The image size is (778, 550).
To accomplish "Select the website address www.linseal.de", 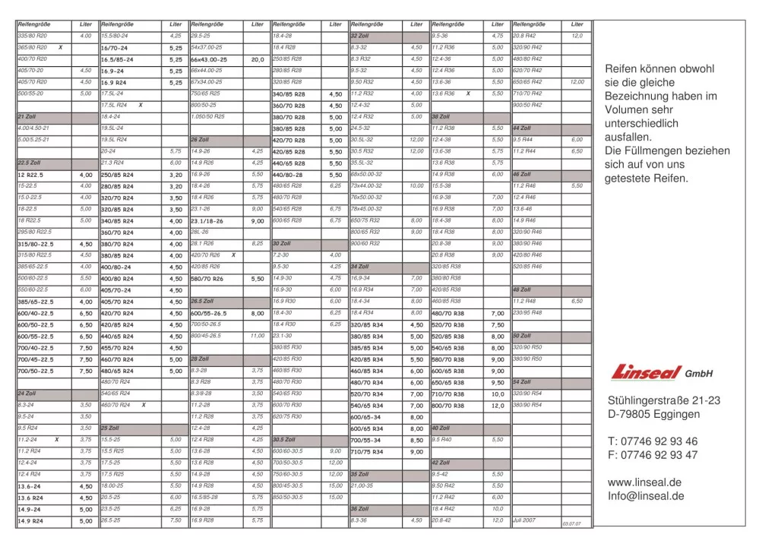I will (x=644, y=482).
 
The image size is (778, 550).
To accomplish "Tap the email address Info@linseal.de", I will (x=646, y=496).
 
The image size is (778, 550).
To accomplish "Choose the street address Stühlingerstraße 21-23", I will (x=664, y=400).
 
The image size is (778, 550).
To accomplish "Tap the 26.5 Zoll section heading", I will (x=203, y=302).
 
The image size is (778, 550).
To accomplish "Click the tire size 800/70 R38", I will (x=448, y=406).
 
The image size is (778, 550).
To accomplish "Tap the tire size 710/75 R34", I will (x=368, y=452).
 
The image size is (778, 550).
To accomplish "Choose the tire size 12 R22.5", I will (x=30, y=175).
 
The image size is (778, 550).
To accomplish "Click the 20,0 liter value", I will (x=258, y=59).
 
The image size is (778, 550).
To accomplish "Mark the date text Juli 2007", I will (x=524, y=520).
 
